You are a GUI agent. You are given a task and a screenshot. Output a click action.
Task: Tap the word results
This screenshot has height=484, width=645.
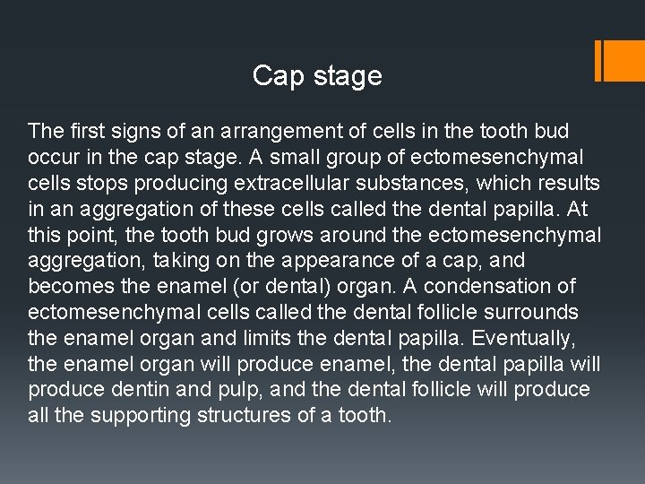click(x=568, y=184)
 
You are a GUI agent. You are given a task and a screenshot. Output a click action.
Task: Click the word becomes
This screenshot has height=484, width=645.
click(x=68, y=287)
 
